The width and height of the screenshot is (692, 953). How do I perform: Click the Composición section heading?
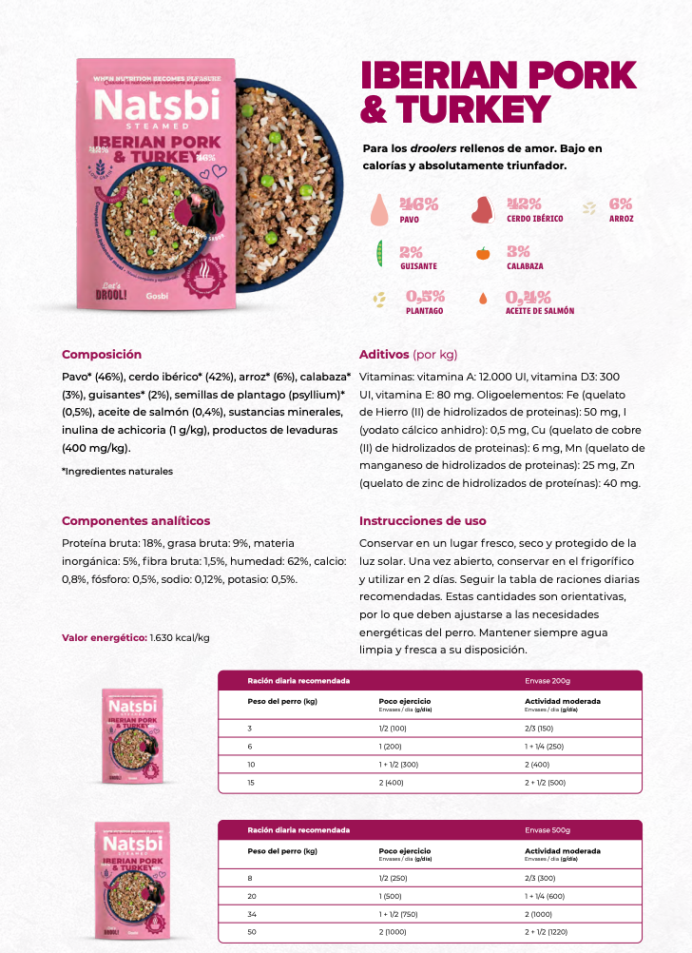point(102,355)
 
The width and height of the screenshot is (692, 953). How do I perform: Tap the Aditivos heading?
point(384,355)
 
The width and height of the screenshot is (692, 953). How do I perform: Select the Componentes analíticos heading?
point(136,521)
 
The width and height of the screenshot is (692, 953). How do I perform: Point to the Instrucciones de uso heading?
point(422,521)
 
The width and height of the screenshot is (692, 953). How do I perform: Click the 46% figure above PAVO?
point(418,204)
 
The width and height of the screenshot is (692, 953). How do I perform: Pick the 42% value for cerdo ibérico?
point(523,204)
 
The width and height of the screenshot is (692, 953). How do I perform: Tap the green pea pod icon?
point(378,253)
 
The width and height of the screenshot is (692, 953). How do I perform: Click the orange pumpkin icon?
point(483,253)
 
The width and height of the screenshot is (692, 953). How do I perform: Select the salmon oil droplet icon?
point(483,299)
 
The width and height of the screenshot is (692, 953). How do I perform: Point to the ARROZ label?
point(622,219)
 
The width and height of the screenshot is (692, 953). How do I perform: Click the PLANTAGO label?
point(424,311)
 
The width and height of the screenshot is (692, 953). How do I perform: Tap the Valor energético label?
point(105,637)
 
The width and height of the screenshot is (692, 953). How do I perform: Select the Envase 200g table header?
point(548,681)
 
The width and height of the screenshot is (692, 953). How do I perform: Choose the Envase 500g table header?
point(548,829)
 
